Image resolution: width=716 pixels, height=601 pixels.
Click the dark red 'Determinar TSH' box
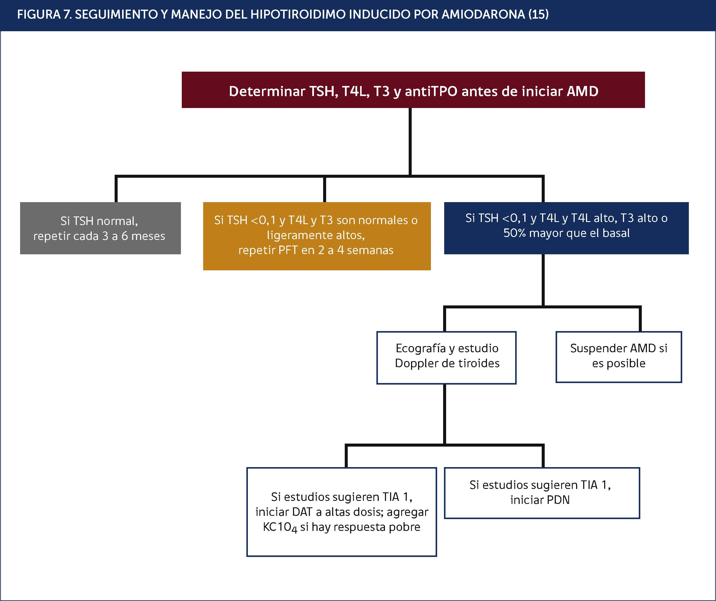click(x=413, y=90)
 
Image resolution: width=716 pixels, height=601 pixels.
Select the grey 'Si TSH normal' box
click(x=100, y=228)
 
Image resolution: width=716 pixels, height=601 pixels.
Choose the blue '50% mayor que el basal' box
click(x=566, y=228)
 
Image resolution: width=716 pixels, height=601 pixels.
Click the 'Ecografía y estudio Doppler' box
click(x=446, y=358)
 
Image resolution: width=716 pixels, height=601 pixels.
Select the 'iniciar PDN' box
click(x=542, y=493)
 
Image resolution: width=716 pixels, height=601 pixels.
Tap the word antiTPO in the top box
click(x=431, y=91)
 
